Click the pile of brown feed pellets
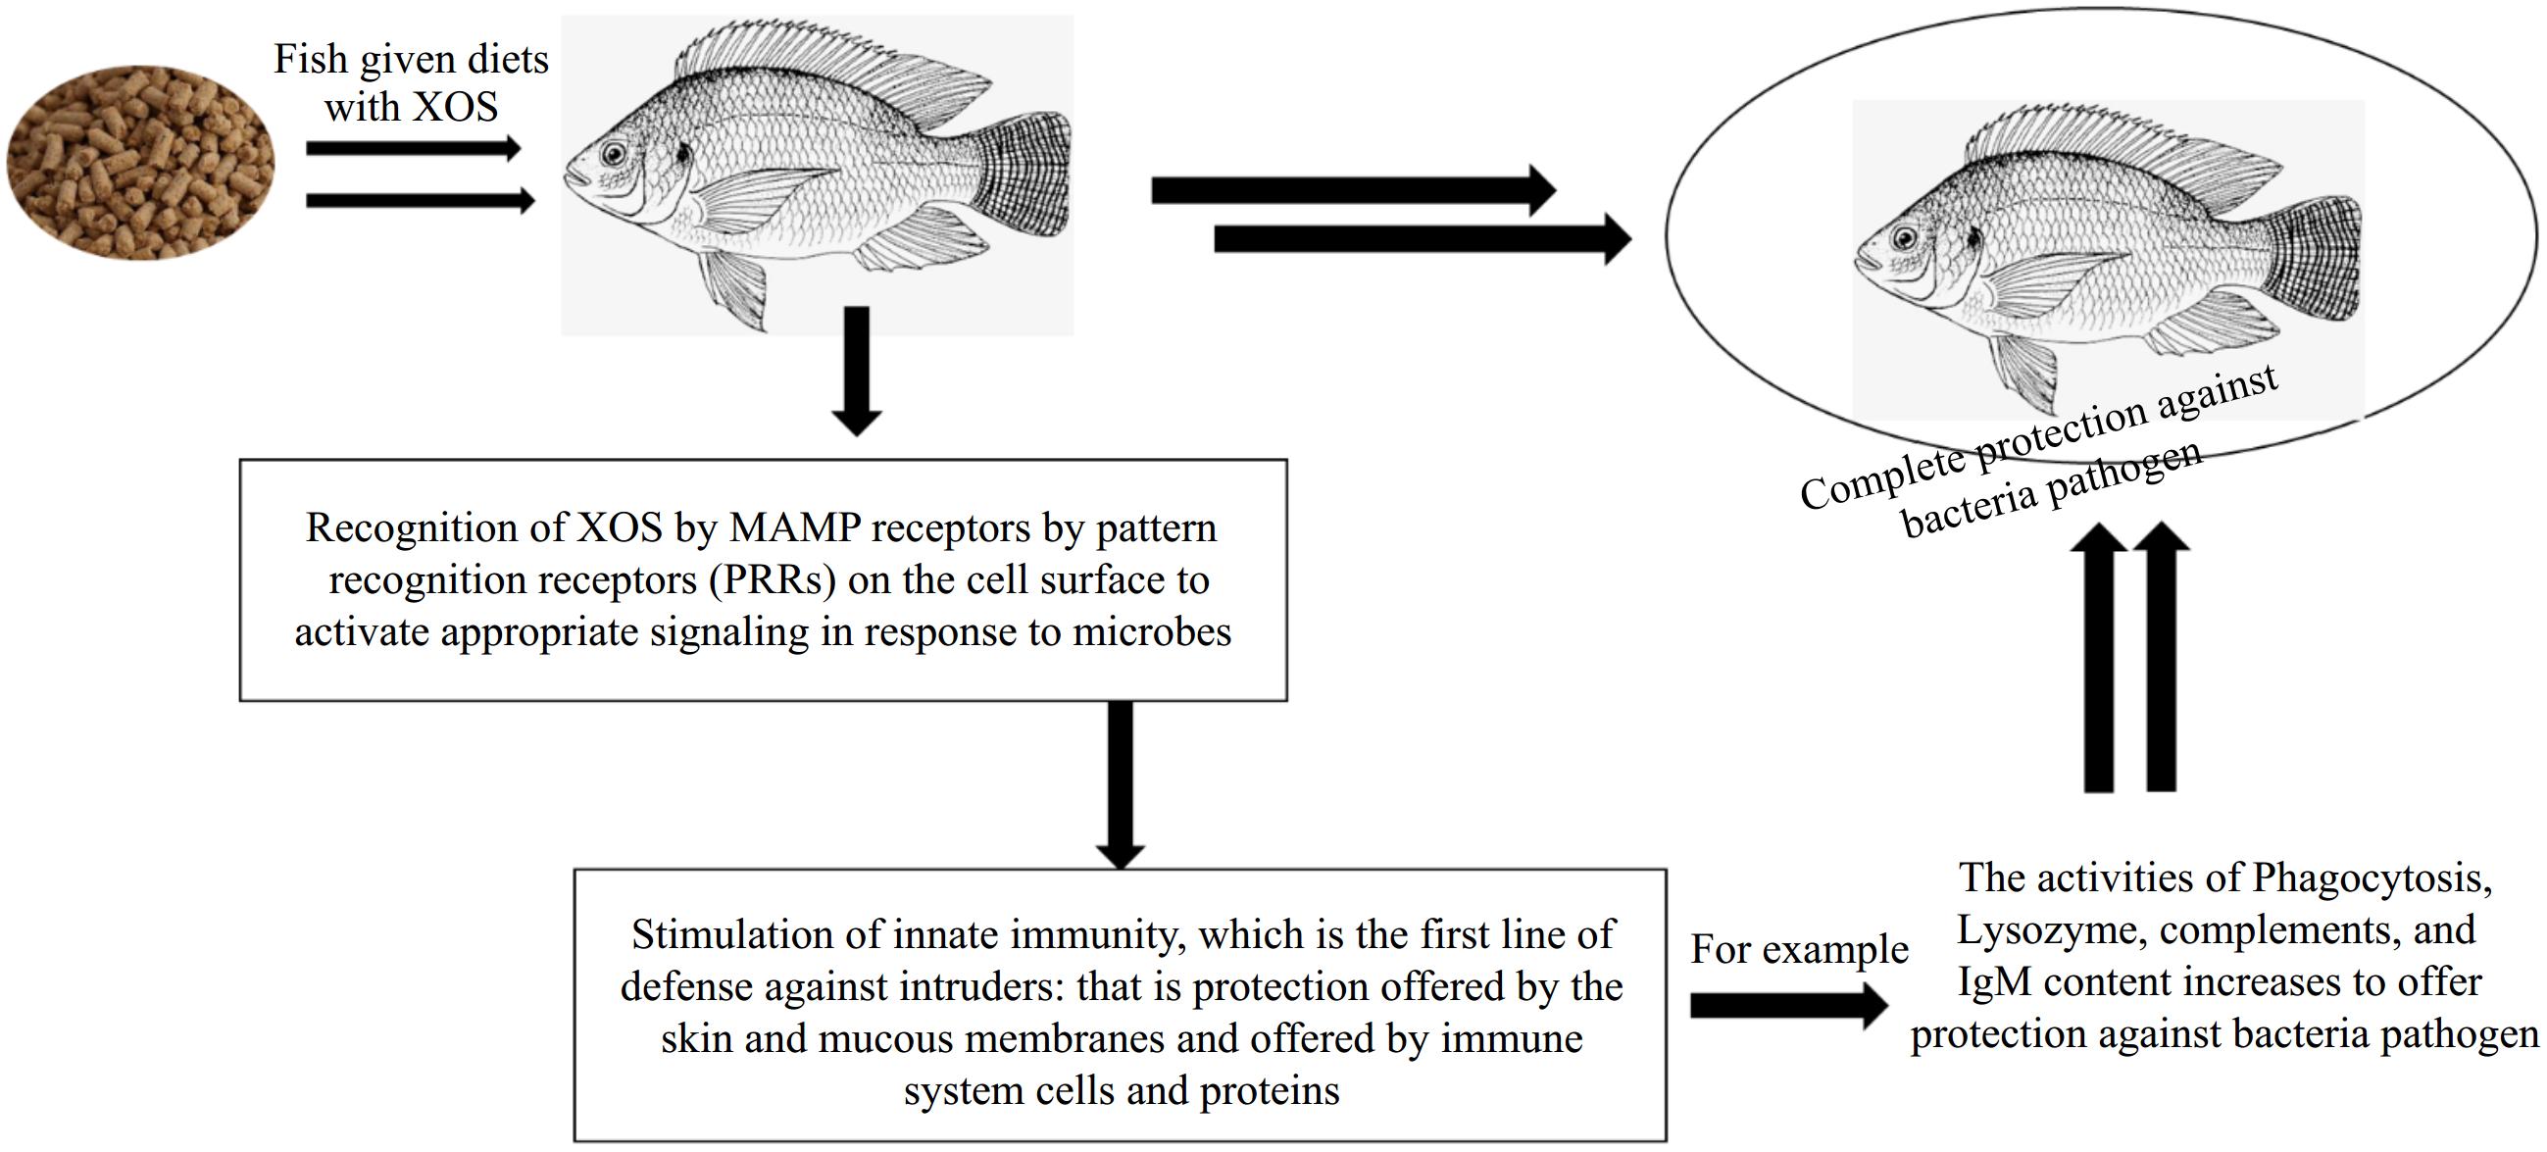click(x=140, y=163)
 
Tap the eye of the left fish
click(x=614, y=153)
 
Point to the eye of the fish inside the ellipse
click(x=1903, y=237)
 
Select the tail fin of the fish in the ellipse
click(x=2314, y=259)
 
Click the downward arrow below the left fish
click(x=856, y=371)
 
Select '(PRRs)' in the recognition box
click(x=773, y=580)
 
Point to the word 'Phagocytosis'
click(x=2371, y=878)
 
